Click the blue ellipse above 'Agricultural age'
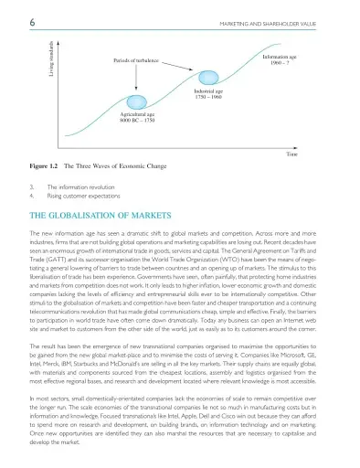pos(137,103)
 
